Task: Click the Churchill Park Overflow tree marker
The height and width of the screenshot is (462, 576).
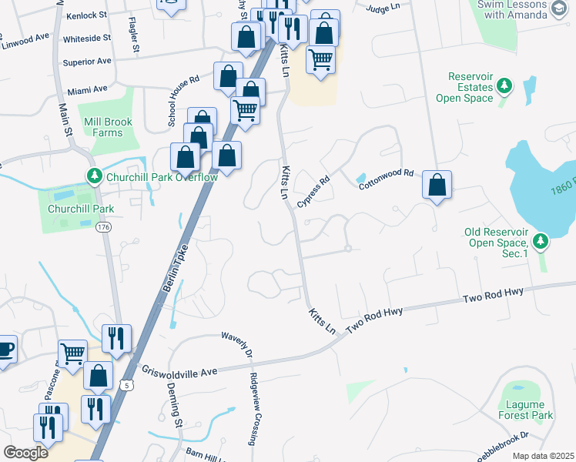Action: [x=94, y=176]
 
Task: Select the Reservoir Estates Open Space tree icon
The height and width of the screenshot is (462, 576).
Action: [x=504, y=85]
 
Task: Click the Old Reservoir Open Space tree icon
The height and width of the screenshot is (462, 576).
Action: [x=541, y=242]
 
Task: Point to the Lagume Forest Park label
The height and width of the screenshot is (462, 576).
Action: [x=526, y=410]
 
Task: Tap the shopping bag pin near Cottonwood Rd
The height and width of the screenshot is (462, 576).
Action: [x=437, y=186]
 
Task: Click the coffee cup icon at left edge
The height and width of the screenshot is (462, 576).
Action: [x=5, y=348]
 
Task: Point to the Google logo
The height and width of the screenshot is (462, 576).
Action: [x=25, y=452]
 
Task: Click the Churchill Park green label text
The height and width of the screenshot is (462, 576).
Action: [x=81, y=209]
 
